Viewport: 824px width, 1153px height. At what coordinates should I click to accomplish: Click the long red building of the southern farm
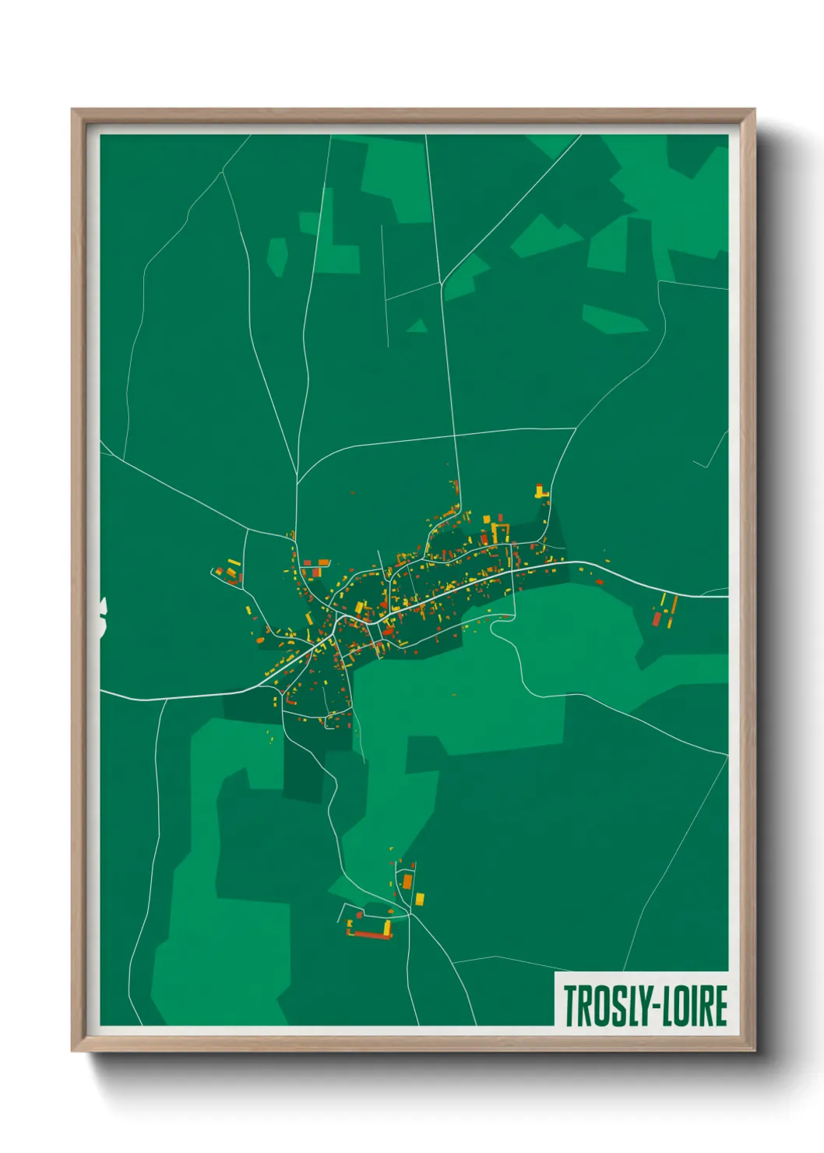(372, 933)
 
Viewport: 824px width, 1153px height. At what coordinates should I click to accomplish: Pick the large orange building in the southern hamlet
(407, 881)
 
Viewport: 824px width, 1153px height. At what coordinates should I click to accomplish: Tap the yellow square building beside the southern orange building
(420, 899)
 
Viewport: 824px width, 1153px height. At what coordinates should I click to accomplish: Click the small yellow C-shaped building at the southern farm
(386, 926)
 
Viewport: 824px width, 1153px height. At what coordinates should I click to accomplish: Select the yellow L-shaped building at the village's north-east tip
(539, 492)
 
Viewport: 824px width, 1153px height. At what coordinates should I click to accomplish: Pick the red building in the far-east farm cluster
(657, 619)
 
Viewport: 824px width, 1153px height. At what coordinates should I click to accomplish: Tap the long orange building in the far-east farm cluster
(673, 605)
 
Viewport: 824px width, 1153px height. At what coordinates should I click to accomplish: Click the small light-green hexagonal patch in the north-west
(277, 256)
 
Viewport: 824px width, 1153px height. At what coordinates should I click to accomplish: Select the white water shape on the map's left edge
(103, 617)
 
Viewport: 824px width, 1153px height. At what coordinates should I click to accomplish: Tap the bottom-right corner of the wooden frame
(754, 1050)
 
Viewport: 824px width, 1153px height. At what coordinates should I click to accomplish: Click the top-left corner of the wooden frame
(72, 110)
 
